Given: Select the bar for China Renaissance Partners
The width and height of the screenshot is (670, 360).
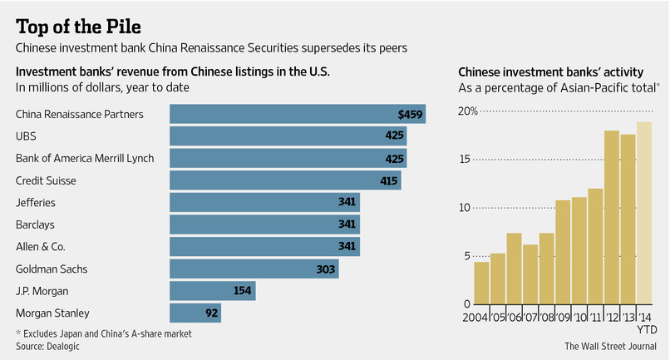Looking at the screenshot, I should tap(298, 114).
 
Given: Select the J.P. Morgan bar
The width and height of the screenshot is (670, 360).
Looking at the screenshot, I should tap(212, 291).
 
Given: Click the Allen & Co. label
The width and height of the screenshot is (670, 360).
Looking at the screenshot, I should tap(41, 246).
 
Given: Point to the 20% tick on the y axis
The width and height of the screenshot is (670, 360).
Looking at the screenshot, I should tap(467, 111).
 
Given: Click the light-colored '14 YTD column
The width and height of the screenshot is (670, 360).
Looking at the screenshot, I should tap(644, 213).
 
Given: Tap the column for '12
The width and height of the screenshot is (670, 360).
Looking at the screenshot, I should tap(612, 217).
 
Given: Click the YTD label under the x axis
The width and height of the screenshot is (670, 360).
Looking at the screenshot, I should tap(647, 330).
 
